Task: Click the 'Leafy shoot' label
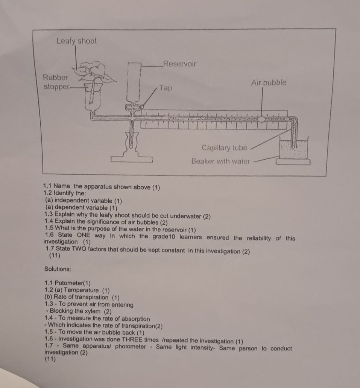click(x=77, y=41)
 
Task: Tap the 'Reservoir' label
click(x=179, y=64)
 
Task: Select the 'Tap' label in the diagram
click(x=166, y=88)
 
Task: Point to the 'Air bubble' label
click(x=269, y=82)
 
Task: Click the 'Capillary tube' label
click(x=224, y=148)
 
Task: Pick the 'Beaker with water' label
click(x=220, y=161)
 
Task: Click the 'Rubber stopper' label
click(x=56, y=82)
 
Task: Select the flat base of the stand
click(x=131, y=159)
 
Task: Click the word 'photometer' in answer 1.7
click(x=128, y=347)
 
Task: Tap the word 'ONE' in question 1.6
click(x=86, y=236)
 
